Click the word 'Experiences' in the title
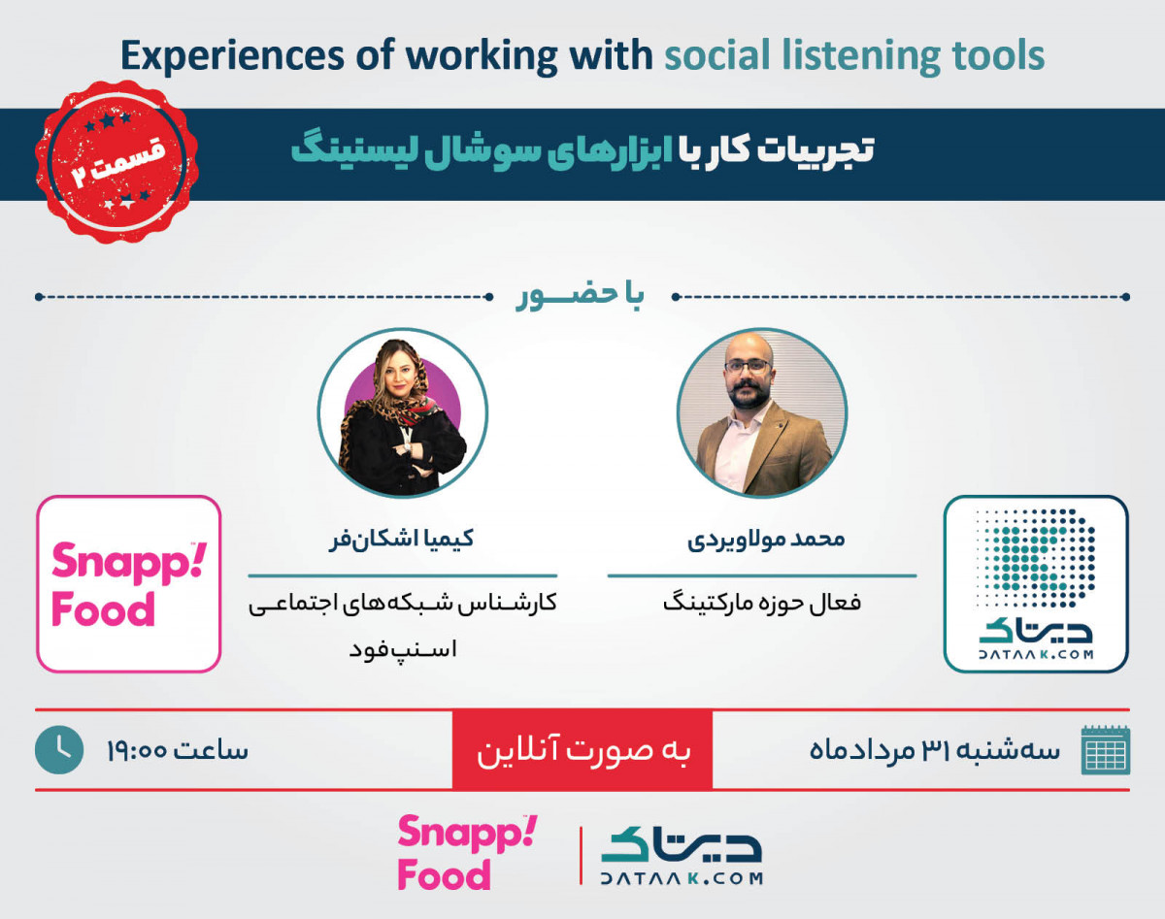pyautogui.click(x=232, y=56)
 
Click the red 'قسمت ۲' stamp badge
pyautogui.click(x=116, y=162)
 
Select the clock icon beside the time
pyautogui.click(x=59, y=749)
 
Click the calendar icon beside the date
pyautogui.click(x=1106, y=750)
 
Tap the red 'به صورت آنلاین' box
pyautogui.click(x=582, y=749)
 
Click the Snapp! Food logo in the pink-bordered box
pyautogui.click(x=129, y=584)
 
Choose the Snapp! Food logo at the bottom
pyautogui.click(x=468, y=853)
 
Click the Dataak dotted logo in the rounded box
pyautogui.click(x=1036, y=584)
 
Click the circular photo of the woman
pyautogui.click(x=402, y=413)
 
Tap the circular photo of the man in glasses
pyautogui.click(x=762, y=413)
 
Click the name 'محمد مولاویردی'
pyautogui.click(x=766, y=540)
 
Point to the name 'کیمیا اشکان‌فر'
pyautogui.click(x=401, y=539)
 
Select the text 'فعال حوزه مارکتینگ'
pyautogui.click(x=762, y=603)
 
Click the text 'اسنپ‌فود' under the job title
pyautogui.click(x=403, y=649)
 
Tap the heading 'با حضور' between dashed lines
pyautogui.click(x=580, y=296)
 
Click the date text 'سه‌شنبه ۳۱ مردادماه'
pyautogui.click(x=934, y=751)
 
